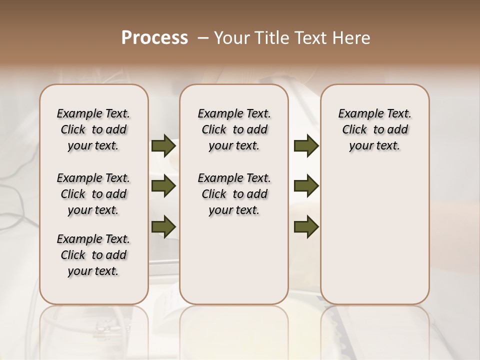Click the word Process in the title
(154, 38)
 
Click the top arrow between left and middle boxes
(163, 145)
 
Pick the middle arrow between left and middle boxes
(163, 186)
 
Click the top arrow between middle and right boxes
(306, 145)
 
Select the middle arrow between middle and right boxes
(306, 186)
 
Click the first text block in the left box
(93, 129)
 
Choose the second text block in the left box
(93, 194)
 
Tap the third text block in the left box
(93, 255)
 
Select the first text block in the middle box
(234, 129)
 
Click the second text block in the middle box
(234, 194)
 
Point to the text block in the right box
(374, 129)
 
